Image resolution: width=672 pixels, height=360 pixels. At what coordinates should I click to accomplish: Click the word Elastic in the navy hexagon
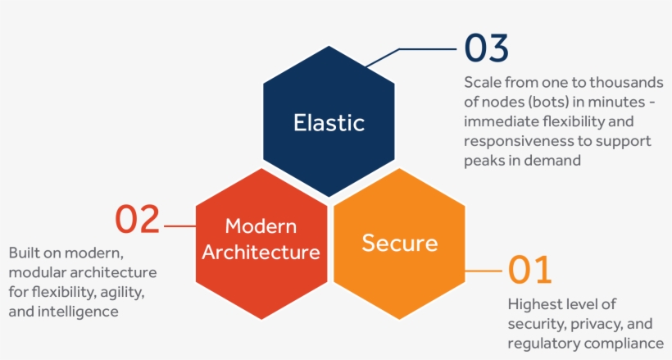(329, 123)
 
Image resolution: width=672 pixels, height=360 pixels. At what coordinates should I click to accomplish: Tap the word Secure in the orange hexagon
(399, 243)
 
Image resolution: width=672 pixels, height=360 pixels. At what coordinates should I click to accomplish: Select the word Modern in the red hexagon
(261, 226)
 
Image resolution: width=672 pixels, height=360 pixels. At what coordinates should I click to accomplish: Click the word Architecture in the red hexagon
(261, 252)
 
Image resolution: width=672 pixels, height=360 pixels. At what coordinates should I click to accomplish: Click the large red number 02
(137, 219)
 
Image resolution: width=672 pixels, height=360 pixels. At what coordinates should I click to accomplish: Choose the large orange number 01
(530, 270)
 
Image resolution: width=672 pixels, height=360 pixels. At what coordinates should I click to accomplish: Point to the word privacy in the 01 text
(596, 324)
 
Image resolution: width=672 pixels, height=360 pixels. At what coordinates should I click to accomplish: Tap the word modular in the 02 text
(39, 272)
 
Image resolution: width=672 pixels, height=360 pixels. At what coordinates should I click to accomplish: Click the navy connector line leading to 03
(426, 49)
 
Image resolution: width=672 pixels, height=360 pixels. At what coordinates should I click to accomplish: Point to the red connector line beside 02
(179, 225)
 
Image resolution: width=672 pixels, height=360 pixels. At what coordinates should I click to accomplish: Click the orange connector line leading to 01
(484, 270)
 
